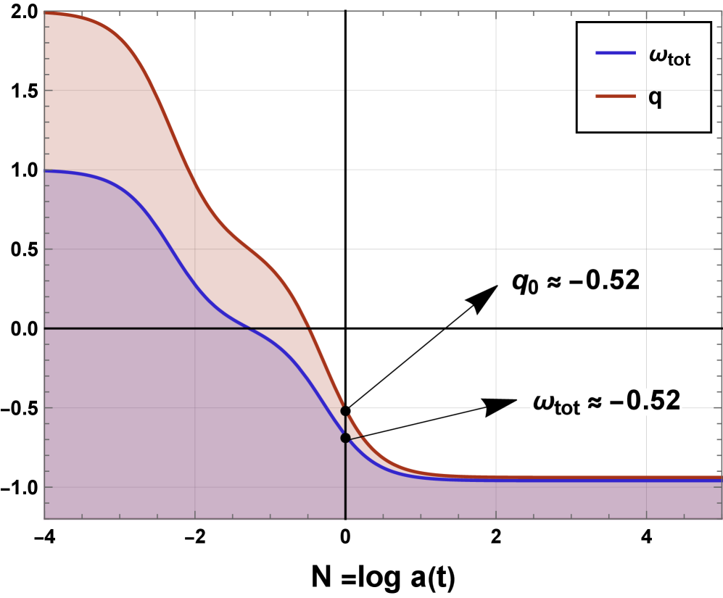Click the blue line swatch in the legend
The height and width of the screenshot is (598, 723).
click(x=615, y=53)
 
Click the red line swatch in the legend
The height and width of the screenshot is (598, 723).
click(x=615, y=96)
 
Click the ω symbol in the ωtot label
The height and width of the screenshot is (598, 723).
click(x=542, y=402)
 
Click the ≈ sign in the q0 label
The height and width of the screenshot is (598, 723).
click(x=553, y=281)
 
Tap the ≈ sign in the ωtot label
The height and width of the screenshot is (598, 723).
click(x=594, y=402)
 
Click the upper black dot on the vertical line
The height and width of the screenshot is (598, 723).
click(x=345, y=410)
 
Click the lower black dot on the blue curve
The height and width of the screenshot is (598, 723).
click(x=345, y=438)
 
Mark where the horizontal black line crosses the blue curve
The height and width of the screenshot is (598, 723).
click(x=250, y=328)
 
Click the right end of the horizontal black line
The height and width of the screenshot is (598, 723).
click(x=313, y=328)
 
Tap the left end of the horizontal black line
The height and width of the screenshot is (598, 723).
click(x=46, y=328)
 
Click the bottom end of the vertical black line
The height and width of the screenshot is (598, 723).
click(x=345, y=518)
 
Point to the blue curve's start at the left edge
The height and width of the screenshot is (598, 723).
click(x=46, y=171)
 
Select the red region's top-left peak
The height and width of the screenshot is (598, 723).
click(x=48, y=12)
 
